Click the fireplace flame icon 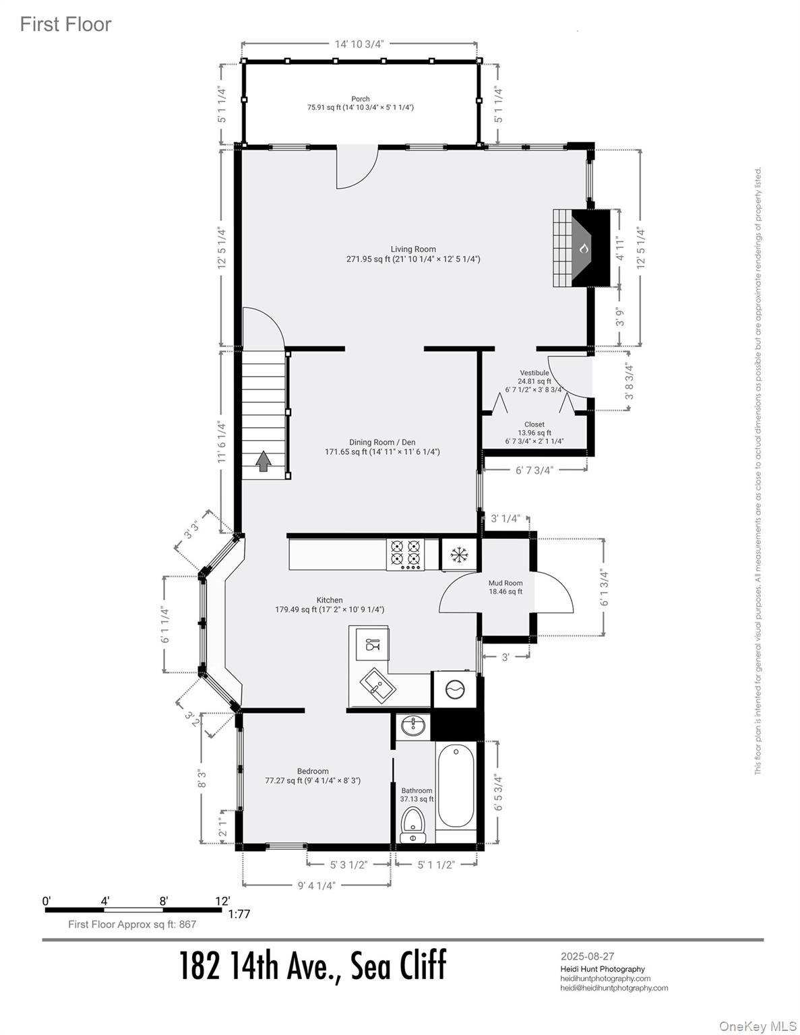point(584,249)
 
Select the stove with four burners point(405,553)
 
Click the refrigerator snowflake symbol point(459,555)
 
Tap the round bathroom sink point(412,726)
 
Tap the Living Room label point(413,249)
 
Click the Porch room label point(361,99)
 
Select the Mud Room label point(505,583)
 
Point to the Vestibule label point(534,373)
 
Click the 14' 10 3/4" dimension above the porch point(359,44)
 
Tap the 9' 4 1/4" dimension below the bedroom point(316,885)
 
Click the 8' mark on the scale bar point(163,901)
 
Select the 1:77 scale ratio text point(239,914)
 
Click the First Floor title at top point(65,24)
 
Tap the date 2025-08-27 point(587,955)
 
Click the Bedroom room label point(313,772)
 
